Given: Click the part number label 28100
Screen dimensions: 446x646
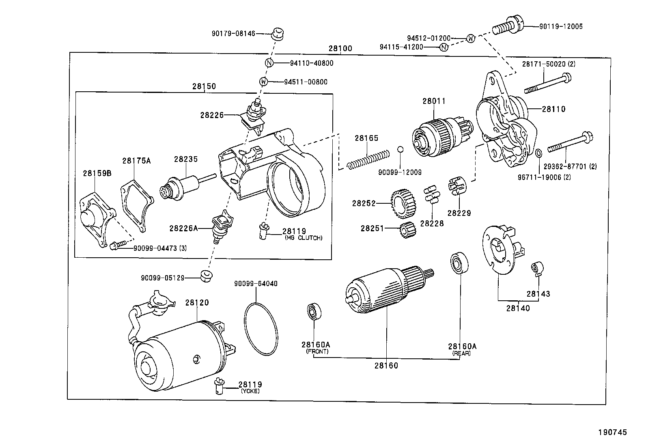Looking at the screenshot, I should click(340, 49).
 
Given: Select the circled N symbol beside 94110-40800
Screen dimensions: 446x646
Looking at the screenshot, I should click(269, 63).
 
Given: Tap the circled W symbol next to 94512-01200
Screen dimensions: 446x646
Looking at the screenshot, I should click(470, 39).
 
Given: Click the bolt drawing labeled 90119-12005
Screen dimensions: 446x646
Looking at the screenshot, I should click(508, 26).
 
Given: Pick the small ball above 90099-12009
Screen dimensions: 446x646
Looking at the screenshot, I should click(400, 149).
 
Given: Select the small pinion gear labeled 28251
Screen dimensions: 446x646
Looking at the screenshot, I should click(406, 230).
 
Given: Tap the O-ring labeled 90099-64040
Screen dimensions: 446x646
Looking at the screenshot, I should click(261, 327).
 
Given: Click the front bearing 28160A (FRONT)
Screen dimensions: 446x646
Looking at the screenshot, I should click(314, 312).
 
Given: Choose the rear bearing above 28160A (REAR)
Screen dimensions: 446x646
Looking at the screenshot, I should click(460, 263).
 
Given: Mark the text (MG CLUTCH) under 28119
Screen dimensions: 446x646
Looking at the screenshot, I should click(304, 238).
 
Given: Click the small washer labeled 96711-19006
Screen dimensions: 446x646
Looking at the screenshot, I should click(538, 154).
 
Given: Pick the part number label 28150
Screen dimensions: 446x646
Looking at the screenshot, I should click(204, 86).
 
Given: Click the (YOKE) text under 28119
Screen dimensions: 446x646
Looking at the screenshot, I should click(250, 391).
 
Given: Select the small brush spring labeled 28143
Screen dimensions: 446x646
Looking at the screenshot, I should click(537, 268).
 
